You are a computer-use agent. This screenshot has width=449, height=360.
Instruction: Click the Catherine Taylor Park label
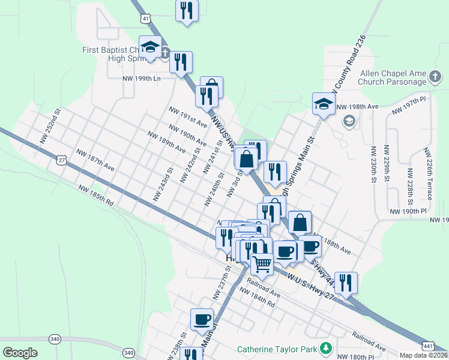(x=277, y=349)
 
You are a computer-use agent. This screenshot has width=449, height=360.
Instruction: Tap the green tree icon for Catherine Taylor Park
(x=325, y=348)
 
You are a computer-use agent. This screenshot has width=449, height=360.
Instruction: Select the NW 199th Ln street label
(x=142, y=79)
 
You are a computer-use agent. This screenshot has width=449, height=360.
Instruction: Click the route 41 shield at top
(x=146, y=19)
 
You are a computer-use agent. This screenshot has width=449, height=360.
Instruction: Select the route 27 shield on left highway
(x=61, y=160)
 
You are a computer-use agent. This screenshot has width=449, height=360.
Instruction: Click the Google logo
(x=20, y=353)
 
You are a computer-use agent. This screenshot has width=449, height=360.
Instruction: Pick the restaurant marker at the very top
(x=187, y=10)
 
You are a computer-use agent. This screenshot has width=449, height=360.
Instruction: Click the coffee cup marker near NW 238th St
(x=202, y=319)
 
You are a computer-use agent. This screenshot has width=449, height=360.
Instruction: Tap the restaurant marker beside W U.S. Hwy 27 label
(x=346, y=282)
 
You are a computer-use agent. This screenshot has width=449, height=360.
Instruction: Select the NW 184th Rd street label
(x=257, y=298)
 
